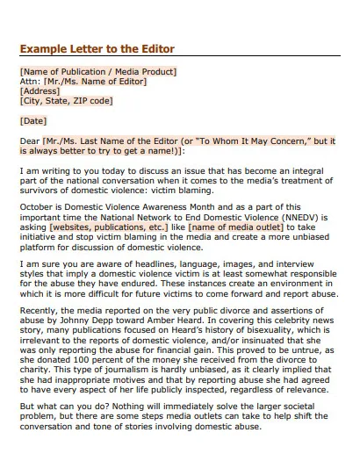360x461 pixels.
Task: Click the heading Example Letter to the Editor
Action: [x=97, y=48]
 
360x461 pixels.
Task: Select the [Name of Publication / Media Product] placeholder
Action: [x=97, y=71]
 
